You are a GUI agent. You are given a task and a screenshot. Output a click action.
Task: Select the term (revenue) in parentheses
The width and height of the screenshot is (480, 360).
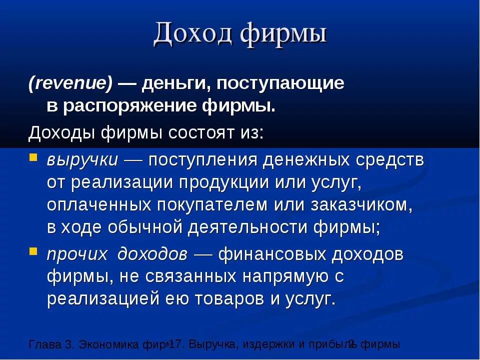click(70, 84)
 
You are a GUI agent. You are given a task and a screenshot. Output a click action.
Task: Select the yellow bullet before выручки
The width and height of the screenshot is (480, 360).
click(33, 158)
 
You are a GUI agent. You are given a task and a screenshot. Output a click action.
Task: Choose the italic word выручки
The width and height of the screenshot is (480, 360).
click(82, 161)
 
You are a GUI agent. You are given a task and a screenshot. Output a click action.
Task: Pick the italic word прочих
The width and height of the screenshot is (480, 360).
click(77, 254)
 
